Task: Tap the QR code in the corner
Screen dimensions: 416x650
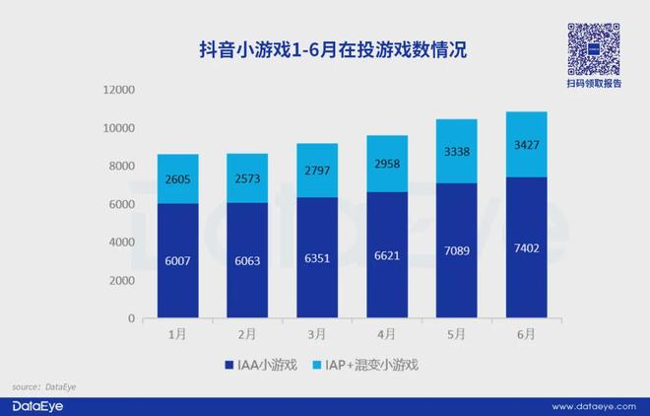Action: click(594, 46)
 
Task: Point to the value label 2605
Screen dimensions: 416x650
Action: click(178, 179)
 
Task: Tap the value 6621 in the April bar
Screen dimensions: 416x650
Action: click(385, 254)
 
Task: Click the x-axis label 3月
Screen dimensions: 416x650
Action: click(316, 334)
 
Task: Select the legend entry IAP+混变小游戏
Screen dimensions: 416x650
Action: click(372, 365)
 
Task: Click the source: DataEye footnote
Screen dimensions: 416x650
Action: click(43, 387)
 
